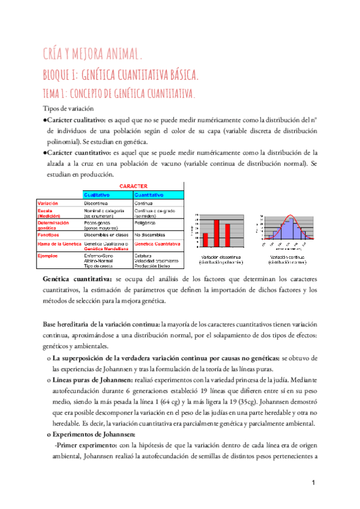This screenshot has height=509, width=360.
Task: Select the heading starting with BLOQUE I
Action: tap(121, 75)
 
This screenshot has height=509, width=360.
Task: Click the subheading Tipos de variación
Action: tap(69, 109)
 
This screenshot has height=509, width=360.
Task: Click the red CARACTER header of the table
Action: tap(133, 186)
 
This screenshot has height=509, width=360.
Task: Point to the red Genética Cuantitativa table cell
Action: tap(157, 244)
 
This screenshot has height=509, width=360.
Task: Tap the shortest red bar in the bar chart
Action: tap(205, 239)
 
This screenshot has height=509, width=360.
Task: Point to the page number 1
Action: tap(314, 483)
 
